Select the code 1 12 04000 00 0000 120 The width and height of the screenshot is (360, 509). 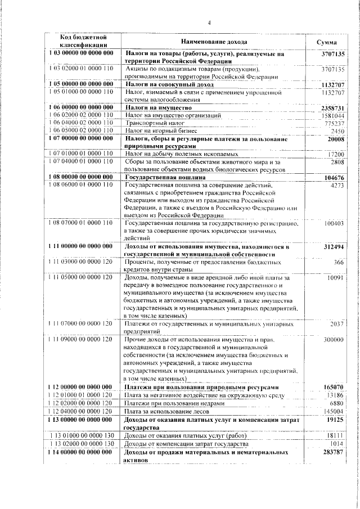click(x=82, y=411)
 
